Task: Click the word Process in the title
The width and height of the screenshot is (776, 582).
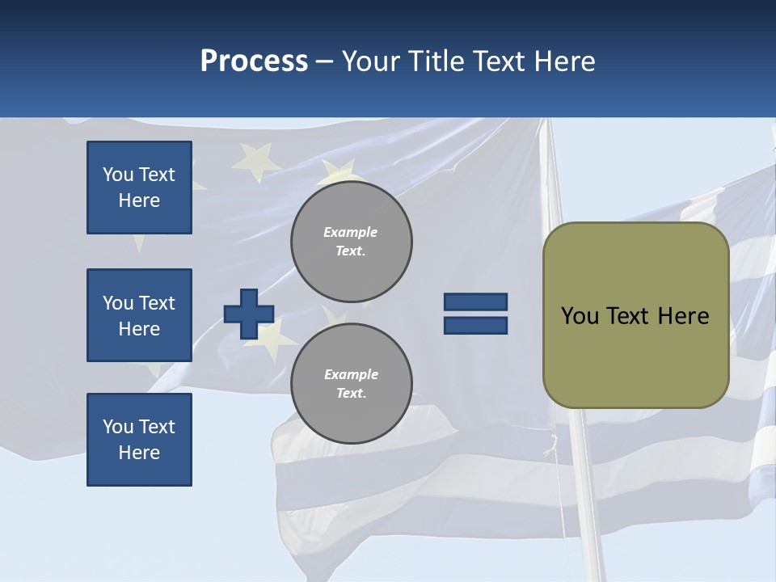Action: click(254, 61)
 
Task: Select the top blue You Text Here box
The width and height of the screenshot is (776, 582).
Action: click(139, 188)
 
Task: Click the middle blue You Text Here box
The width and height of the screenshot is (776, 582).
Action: click(139, 315)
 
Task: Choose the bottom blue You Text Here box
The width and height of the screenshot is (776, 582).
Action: click(139, 440)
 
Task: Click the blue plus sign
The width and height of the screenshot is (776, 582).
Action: click(249, 314)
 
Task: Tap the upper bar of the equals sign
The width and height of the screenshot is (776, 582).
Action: click(475, 302)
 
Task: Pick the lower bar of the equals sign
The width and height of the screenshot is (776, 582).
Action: click(475, 325)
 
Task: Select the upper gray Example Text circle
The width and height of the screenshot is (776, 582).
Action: click(351, 242)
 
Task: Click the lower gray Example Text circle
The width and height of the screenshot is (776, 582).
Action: click(351, 384)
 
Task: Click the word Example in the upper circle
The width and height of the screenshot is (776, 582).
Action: click(351, 232)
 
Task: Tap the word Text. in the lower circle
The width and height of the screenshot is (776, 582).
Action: click(351, 394)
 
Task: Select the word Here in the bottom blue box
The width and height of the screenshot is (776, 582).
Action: click(139, 453)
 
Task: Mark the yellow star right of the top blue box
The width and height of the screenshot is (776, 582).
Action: click(252, 160)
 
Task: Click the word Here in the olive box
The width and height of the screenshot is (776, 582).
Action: click(683, 316)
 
